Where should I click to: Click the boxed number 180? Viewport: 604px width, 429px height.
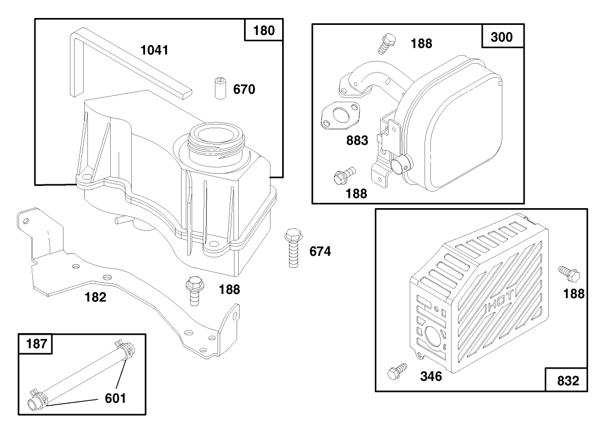(x=264, y=31)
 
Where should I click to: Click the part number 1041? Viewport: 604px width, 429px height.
(x=154, y=50)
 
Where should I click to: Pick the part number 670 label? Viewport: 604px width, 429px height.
(x=244, y=90)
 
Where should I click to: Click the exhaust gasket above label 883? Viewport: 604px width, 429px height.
(x=339, y=115)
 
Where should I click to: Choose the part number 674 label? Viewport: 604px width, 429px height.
(x=320, y=251)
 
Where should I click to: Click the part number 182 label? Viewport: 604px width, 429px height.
(x=95, y=297)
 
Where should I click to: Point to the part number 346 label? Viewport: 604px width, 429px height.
(x=431, y=377)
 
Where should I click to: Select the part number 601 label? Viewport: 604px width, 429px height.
(x=115, y=398)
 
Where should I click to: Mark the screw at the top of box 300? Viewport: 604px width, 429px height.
(x=387, y=43)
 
